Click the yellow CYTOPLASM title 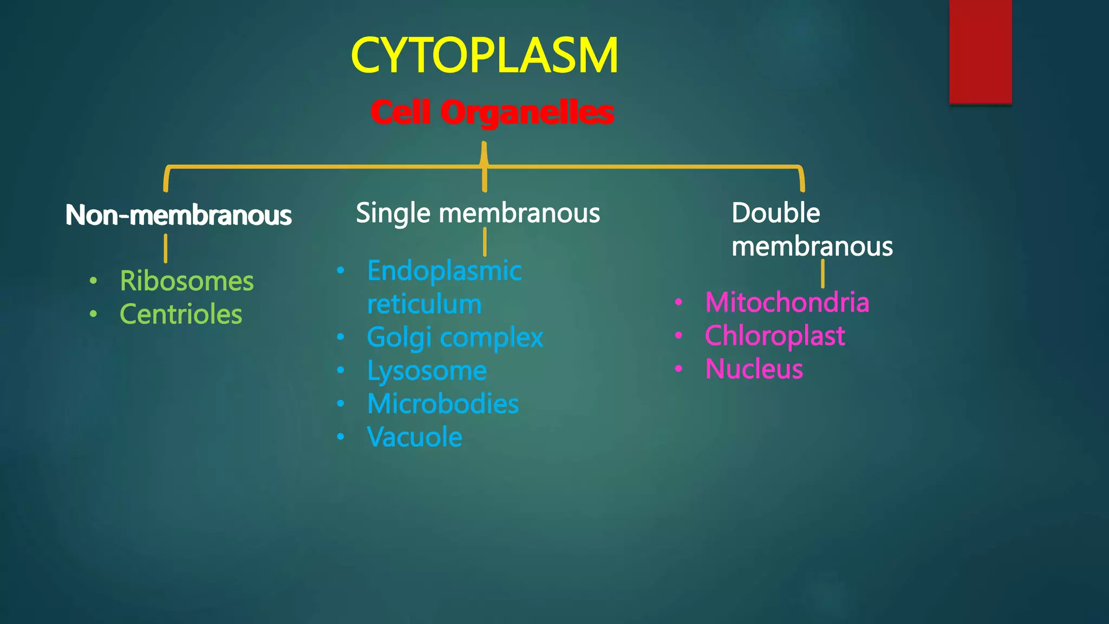coord(484,55)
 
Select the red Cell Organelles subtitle coord(492,113)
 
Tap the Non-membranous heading coord(178,215)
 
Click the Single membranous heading coord(478,213)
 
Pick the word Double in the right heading coord(775,213)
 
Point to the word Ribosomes coord(186,281)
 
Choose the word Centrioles coord(180,314)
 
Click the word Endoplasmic coord(444,271)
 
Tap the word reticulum coord(424,304)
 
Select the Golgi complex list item coord(455,337)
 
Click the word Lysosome coord(427,371)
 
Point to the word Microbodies coord(442,404)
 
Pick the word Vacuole coord(414,437)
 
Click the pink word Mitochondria coord(787,302)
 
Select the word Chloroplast coord(774,336)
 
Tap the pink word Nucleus coord(754,369)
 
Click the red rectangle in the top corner coord(980,51)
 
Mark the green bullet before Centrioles coord(94,314)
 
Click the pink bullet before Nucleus coord(679,369)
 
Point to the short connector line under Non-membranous coord(166,248)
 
